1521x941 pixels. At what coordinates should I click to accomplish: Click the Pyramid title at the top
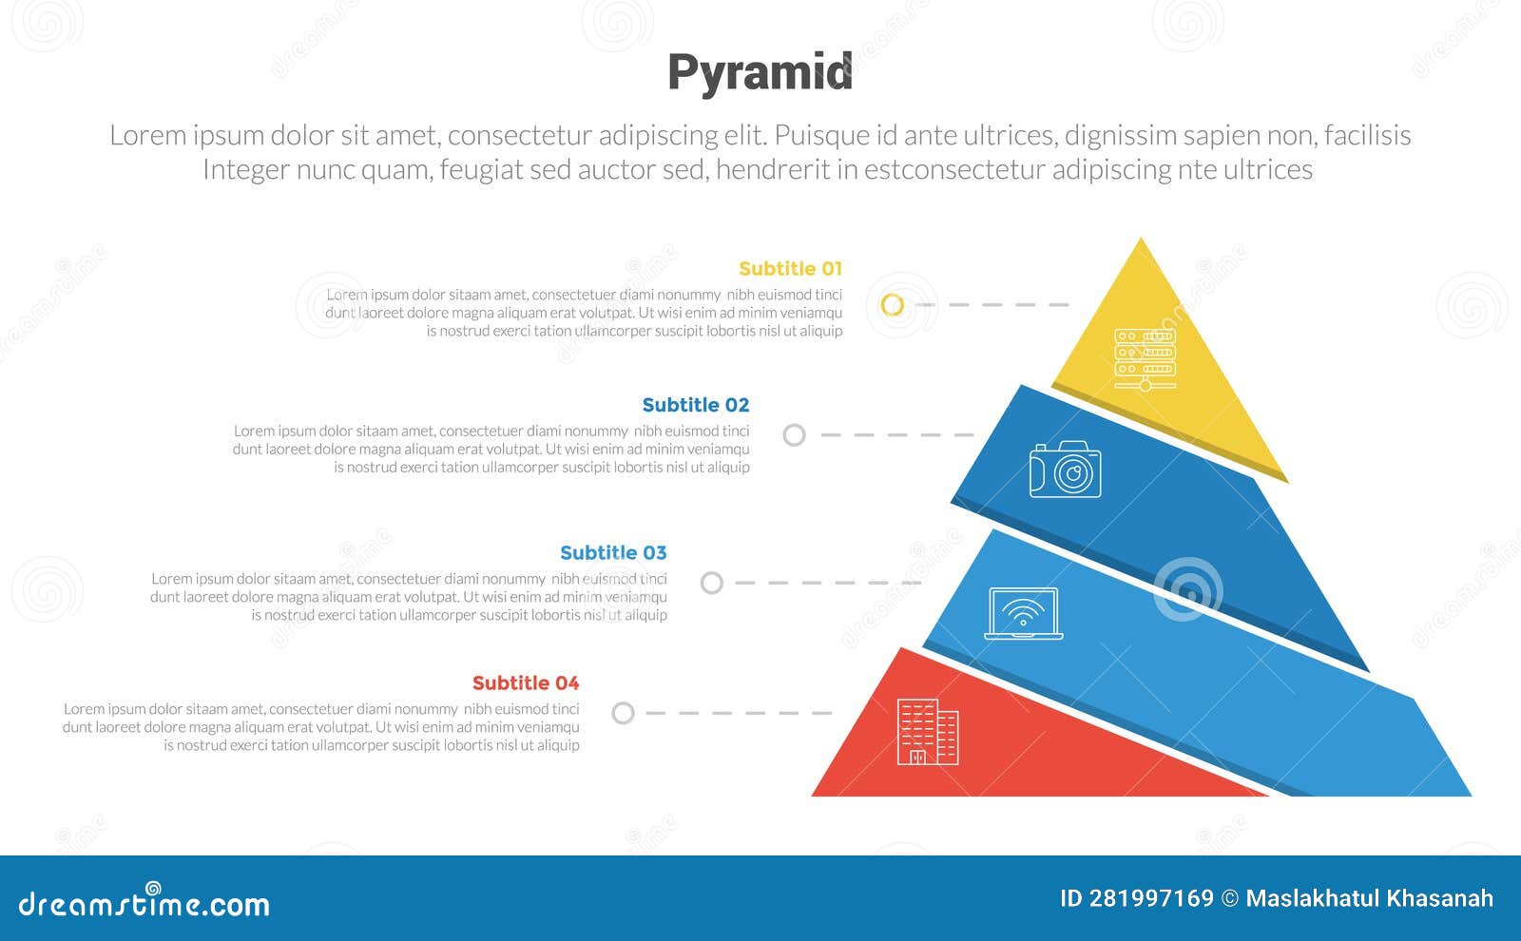[760, 73]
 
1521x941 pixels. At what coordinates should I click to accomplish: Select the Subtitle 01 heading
[790, 269]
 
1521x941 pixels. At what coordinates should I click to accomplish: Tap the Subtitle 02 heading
[695, 405]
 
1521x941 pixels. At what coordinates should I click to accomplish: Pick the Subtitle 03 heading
[613, 553]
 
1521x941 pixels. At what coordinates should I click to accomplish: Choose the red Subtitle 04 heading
[525, 683]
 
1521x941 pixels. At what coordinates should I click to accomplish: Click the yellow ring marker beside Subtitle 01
[892, 305]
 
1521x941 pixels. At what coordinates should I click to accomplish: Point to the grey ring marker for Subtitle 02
[794, 435]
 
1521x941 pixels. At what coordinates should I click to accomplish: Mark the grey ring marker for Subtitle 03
[711, 583]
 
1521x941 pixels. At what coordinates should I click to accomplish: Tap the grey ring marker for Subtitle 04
[623, 713]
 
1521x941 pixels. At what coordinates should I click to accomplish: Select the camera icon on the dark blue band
[1065, 469]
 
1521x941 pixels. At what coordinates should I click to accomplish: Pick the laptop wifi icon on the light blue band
[1023, 614]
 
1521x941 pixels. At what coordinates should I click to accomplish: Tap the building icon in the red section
[927, 733]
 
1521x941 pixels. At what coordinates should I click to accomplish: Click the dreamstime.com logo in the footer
[144, 902]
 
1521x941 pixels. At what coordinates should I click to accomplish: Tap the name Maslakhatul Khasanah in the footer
[1369, 898]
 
